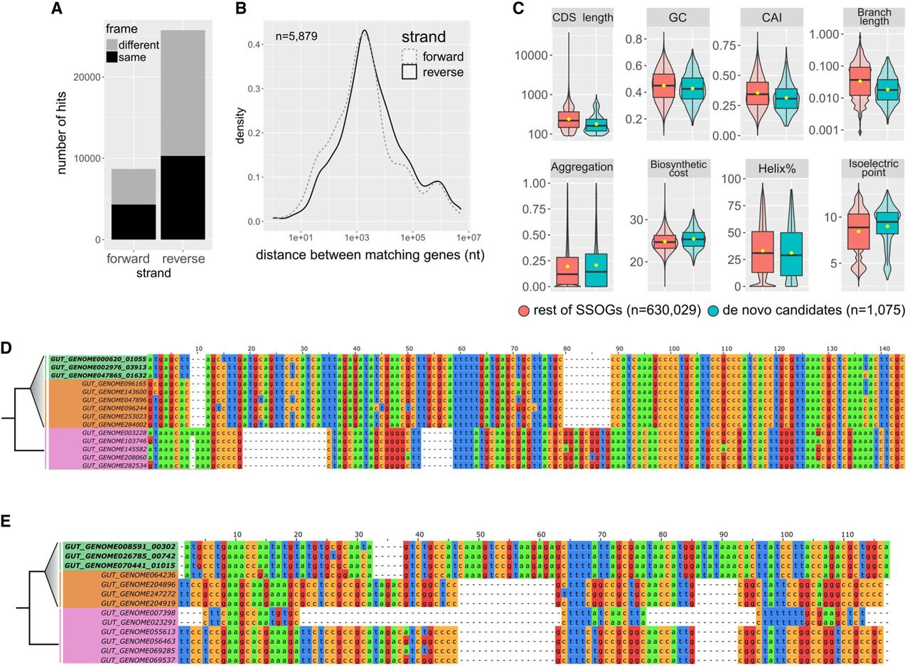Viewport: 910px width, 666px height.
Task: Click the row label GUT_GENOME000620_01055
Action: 97,358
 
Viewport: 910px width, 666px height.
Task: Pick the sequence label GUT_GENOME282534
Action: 114,465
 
